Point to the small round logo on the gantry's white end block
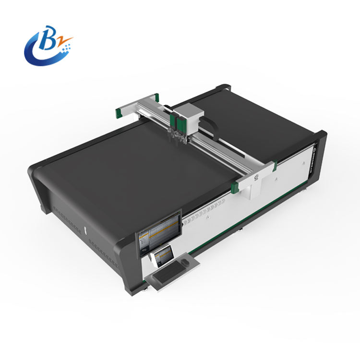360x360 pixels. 255,180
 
